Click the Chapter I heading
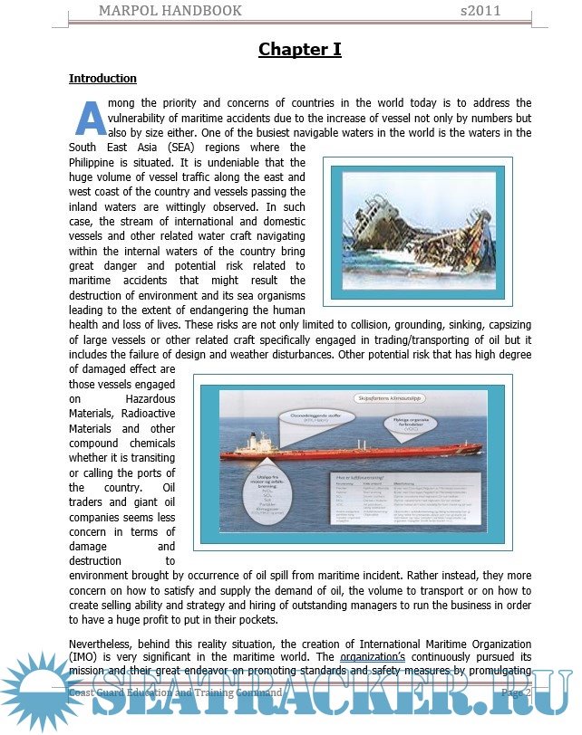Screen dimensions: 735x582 [299, 49]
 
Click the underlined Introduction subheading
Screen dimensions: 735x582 [102, 79]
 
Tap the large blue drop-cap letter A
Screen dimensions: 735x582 [89, 118]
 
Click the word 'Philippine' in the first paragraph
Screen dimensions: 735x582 [98, 162]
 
